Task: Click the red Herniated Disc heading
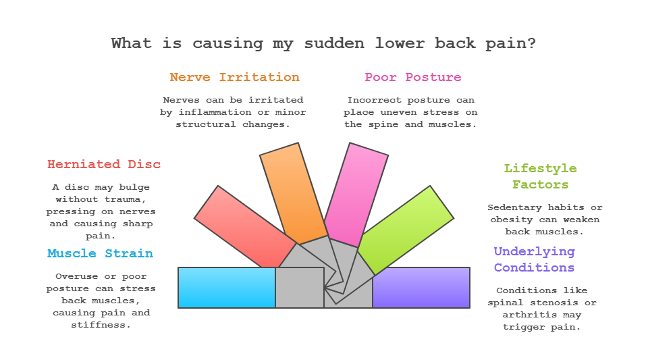(x=104, y=164)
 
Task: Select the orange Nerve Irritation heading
(x=234, y=77)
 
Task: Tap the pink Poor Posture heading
(x=413, y=77)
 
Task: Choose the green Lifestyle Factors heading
(x=540, y=176)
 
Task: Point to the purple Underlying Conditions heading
(x=534, y=259)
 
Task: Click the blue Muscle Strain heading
(x=100, y=254)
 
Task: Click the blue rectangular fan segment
(x=226, y=288)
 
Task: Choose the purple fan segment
(x=421, y=288)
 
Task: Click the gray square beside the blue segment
(x=299, y=288)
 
